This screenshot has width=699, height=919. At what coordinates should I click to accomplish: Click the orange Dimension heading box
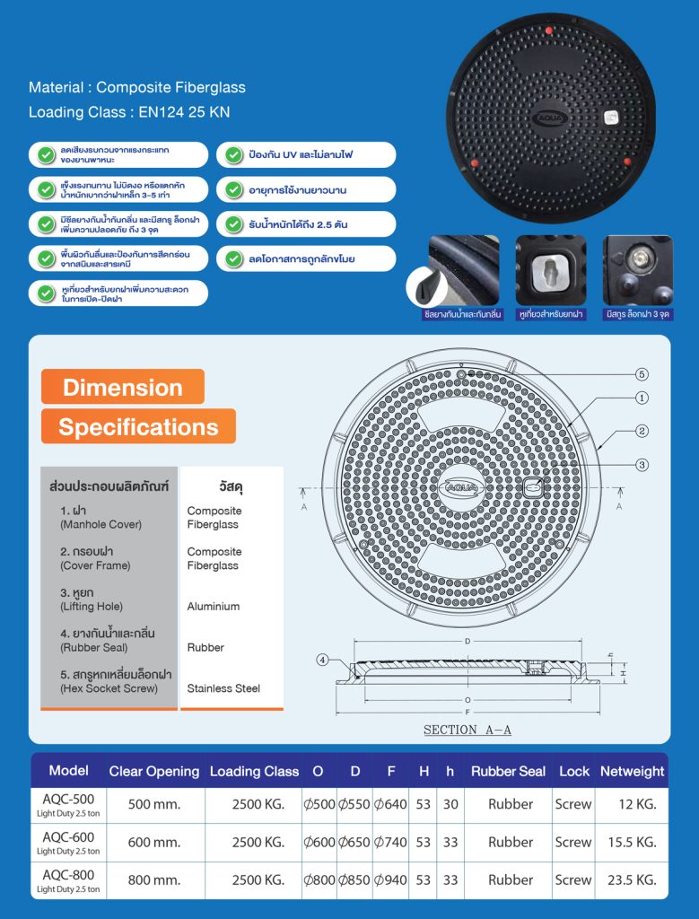point(123,387)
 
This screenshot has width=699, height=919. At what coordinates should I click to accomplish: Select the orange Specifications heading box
point(138,426)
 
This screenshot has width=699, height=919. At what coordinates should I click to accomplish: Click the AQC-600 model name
point(68,836)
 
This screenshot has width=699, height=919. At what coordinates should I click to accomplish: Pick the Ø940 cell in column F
point(390,880)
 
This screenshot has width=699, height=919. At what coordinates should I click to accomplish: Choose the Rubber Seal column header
point(508,771)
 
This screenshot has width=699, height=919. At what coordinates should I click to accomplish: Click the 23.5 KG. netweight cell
point(632,880)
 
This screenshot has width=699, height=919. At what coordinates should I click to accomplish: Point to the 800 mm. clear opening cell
point(154,880)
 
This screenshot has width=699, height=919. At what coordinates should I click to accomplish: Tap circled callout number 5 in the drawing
point(642,374)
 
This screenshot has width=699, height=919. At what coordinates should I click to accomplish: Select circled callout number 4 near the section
point(323,661)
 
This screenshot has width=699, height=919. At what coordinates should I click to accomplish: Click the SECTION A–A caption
point(467,731)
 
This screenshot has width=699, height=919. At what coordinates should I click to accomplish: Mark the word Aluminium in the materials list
point(213,607)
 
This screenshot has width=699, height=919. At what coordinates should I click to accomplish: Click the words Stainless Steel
point(223,688)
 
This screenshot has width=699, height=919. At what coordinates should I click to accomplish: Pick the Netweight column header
point(632,771)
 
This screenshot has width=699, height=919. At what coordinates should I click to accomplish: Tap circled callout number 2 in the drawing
point(642,431)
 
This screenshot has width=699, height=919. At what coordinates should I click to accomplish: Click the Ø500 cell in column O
point(319,805)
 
